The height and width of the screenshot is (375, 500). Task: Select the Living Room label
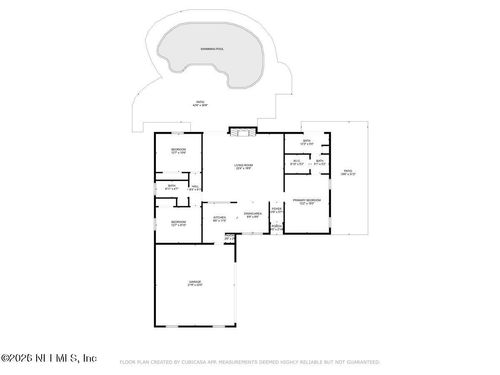(243, 167)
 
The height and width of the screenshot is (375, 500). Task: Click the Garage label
(194, 283)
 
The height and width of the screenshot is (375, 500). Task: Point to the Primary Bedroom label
(306, 201)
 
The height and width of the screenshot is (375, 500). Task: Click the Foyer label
(277, 211)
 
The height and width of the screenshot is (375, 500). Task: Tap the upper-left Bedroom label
(178, 150)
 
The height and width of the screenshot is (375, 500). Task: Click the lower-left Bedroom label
(178, 223)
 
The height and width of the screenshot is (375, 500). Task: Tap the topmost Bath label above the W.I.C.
(306, 142)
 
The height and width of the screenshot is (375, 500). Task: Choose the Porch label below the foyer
(277, 228)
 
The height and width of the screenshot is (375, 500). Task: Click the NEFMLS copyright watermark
(48, 357)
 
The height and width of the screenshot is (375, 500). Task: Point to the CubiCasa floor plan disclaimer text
(249, 362)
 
